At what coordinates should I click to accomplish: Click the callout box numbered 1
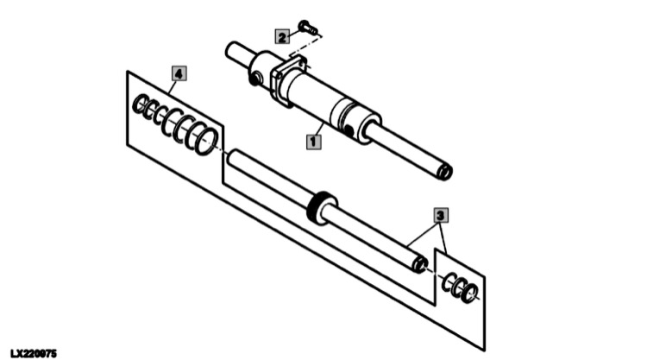coord(314,142)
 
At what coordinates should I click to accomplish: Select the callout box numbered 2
coord(283,37)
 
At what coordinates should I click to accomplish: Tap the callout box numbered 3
coord(441,216)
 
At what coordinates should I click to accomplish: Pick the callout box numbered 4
coord(179,73)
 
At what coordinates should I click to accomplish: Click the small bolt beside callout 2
coord(308,28)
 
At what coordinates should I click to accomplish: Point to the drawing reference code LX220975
coord(34,353)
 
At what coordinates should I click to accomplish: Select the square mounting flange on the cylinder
coord(287,80)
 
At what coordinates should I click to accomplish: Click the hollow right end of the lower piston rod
coord(420,264)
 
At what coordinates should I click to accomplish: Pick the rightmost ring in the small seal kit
coord(470,293)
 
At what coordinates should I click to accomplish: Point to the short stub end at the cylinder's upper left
coord(236,53)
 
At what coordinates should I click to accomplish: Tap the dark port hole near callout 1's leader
coord(349,130)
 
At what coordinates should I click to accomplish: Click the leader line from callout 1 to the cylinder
coord(318,128)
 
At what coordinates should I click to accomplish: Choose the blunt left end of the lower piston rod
coord(234,158)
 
